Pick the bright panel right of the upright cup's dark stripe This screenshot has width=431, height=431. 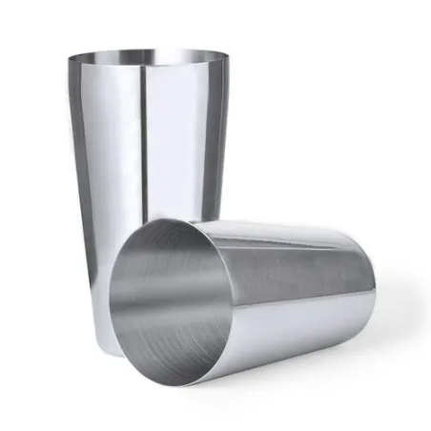(176, 143)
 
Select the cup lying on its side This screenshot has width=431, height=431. (257, 286)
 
